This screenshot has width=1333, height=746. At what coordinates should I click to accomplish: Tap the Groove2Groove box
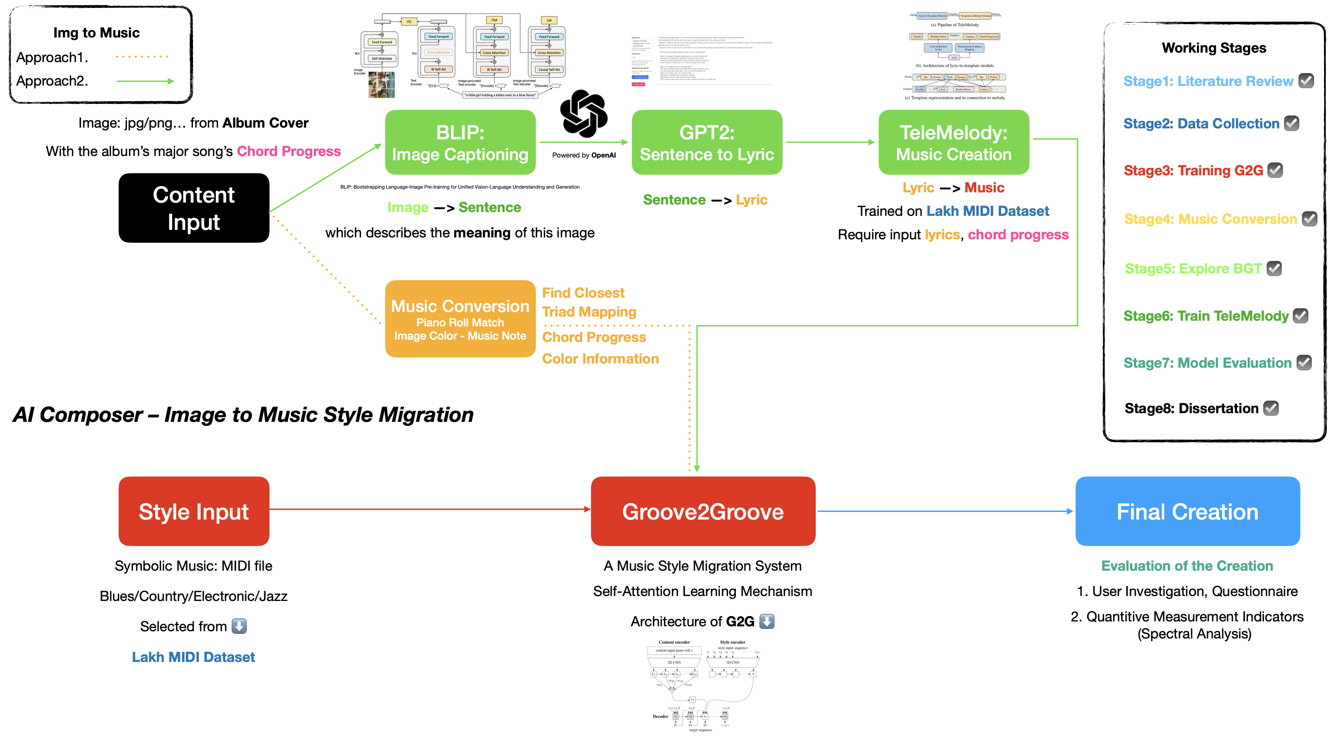click(703, 511)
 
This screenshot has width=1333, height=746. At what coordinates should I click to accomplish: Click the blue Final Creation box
click(1187, 511)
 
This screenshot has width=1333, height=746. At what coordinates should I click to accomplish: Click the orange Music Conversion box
click(460, 319)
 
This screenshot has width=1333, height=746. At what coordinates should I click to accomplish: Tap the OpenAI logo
click(584, 114)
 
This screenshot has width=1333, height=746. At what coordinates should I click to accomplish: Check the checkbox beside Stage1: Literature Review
click(1306, 81)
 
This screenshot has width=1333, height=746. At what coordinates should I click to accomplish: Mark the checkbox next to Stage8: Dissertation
click(1271, 409)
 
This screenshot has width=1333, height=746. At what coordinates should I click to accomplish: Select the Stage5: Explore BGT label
click(1193, 269)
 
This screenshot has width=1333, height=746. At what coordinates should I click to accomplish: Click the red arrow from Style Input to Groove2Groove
click(430, 509)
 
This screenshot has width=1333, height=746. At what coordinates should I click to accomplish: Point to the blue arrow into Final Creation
click(944, 511)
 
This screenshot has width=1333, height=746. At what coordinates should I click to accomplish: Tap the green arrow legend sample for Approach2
click(145, 81)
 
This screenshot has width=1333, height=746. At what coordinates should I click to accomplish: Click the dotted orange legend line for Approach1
click(142, 56)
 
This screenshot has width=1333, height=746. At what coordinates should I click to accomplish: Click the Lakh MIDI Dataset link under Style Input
click(193, 657)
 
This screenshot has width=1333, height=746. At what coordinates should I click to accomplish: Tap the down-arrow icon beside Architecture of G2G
click(767, 621)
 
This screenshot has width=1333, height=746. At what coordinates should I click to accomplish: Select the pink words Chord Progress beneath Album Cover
click(289, 151)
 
